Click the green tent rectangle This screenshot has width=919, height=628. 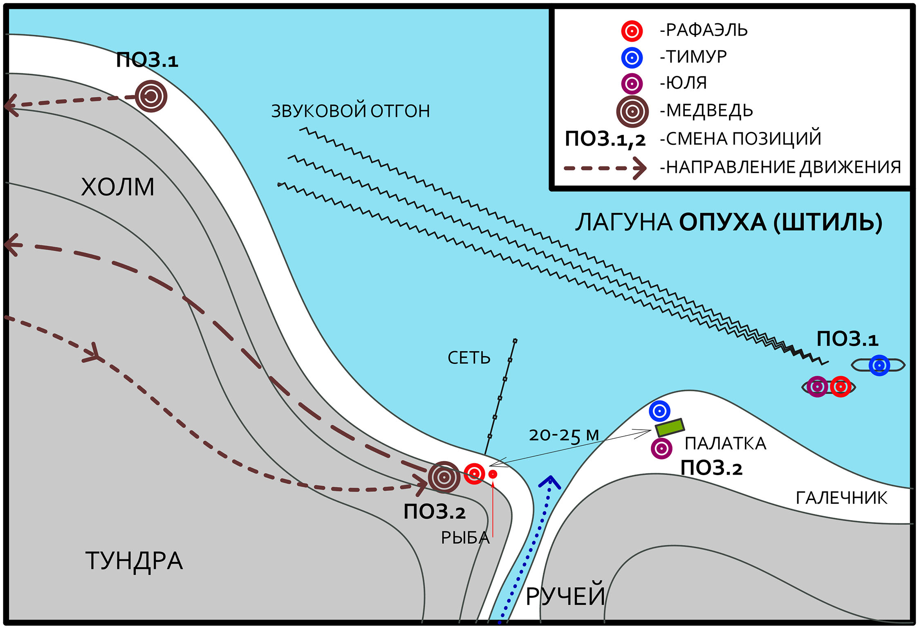670,427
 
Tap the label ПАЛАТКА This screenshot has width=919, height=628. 725,444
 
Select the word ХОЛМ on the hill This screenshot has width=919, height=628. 118,187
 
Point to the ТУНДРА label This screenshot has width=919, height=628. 134,561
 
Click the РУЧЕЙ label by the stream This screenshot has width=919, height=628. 565,597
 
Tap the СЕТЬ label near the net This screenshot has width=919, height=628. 469,358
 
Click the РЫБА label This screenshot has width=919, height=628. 465,538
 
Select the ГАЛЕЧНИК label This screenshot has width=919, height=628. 841,498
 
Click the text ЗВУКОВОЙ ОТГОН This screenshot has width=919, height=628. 351,111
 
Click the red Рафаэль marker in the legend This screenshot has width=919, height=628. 632,31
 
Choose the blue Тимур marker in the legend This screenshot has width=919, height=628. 632,58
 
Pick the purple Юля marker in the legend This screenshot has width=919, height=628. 632,84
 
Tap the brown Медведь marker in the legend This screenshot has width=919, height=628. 632,111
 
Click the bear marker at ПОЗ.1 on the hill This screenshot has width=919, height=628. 151,96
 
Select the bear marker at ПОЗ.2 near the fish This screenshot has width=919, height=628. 444,477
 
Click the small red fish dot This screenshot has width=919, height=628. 493,474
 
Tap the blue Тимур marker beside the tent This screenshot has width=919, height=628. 659,411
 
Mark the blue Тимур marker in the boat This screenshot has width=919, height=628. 879,365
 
